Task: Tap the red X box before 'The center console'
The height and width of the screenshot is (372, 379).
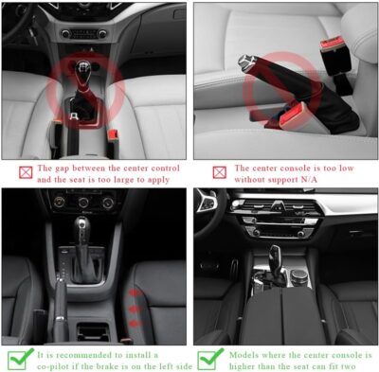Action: [x=218, y=170]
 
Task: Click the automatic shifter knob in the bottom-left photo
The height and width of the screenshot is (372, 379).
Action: [x=83, y=228]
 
